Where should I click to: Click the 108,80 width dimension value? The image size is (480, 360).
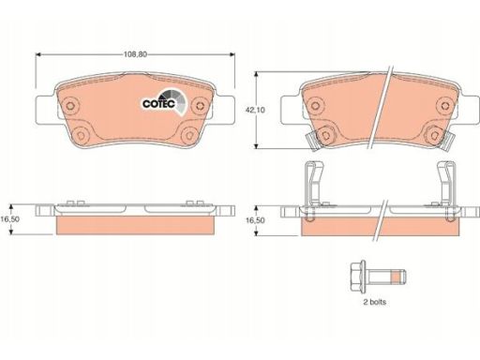[x=135, y=54]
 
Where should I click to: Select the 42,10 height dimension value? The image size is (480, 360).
[x=255, y=110]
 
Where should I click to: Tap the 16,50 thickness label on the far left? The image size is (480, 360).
[x=9, y=219]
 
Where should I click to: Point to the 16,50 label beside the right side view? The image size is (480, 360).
[x=255, y=220]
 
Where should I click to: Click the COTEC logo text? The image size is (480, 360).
[x=158, y=104]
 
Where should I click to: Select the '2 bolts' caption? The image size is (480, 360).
[x=374, y=302]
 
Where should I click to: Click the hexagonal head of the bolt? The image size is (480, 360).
[x=358, y=277]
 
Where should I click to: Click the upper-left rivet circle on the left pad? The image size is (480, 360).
[x=71, y=105]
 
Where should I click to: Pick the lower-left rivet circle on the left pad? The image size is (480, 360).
[x=81, y=135]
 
